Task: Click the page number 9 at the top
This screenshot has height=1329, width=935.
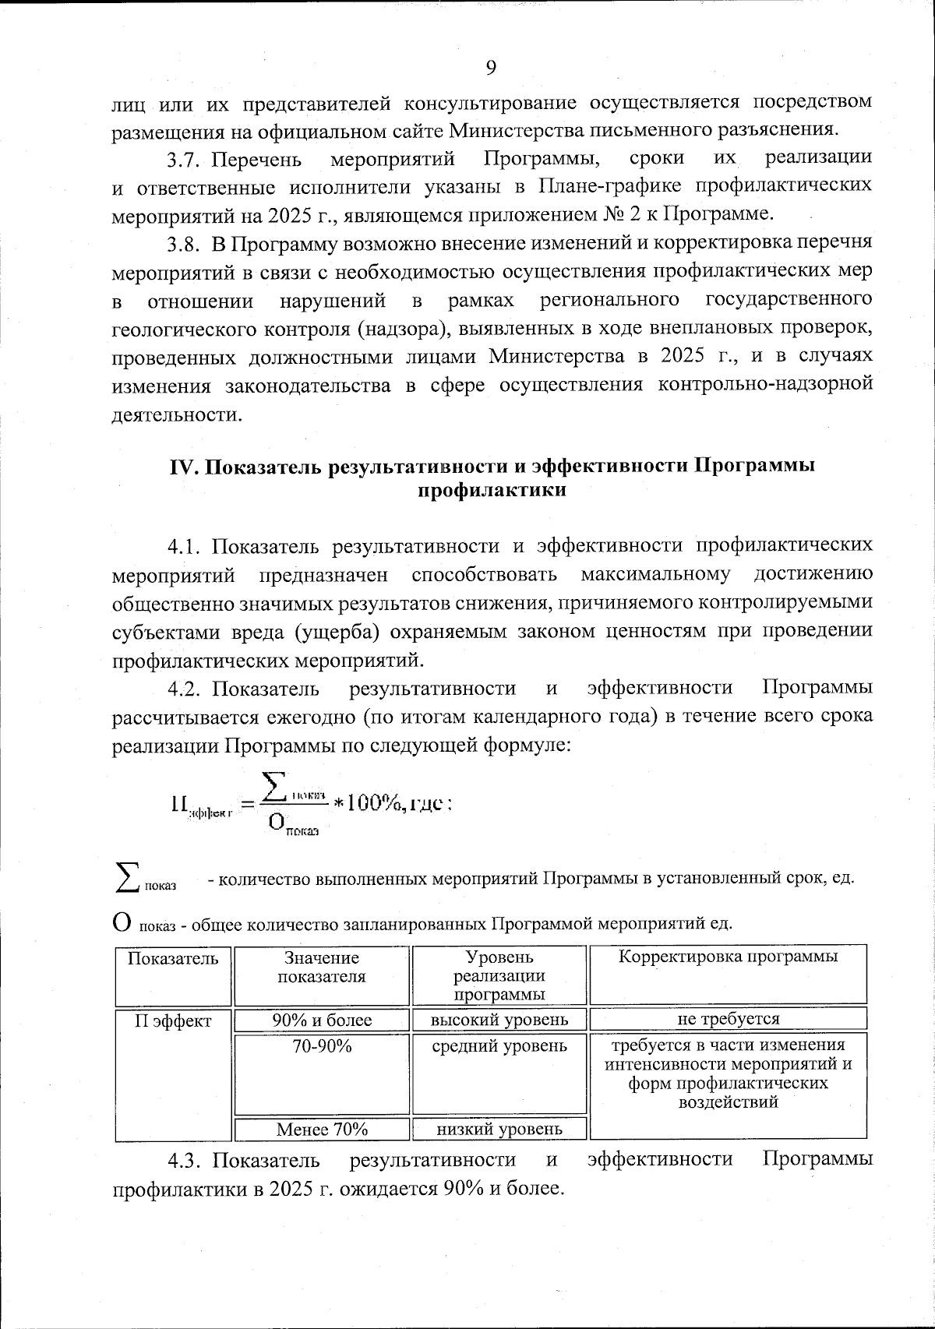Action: (x=491, y=68)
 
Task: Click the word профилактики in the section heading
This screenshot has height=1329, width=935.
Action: (x=492, y=492)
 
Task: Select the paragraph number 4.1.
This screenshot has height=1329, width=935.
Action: (x=184, y=545)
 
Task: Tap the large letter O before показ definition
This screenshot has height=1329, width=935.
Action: (x=122, y=922)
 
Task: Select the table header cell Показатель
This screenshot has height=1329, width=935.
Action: (x=173, y=959)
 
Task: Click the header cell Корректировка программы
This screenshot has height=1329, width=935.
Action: (x=728, y=957)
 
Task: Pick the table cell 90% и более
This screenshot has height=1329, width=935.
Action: (x=322, y=1020)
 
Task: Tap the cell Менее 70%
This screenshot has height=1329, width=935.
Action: (x=322, y=1129)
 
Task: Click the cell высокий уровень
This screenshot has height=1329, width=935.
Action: (x=499, y=1020)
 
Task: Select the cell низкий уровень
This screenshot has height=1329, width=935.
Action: (x=499, y=1128)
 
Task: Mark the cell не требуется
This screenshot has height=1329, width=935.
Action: (x=728, y=1019)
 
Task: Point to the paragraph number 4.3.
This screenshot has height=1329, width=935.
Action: (x=184, y=1161)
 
